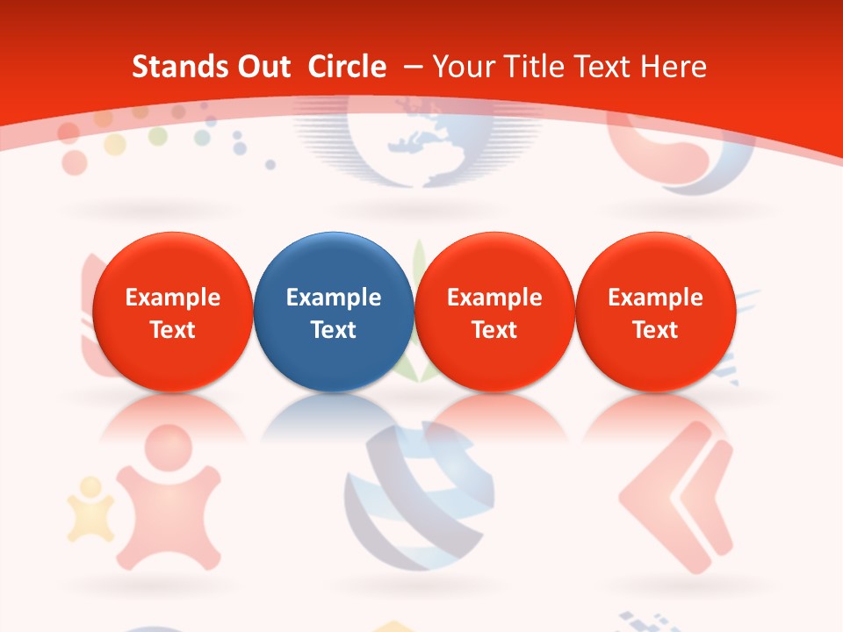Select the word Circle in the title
[x=347, y=67]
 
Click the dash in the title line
[x=414, y=67]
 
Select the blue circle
[x=334, y=312]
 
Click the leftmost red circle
[x=172, y=312]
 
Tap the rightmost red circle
[x=655, y=312]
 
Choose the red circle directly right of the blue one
[x=494, y=312]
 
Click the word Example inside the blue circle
[x=334, y=298]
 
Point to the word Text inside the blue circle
[x=334, y=330]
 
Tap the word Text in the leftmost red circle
[x=172, y=330]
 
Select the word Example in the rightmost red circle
[x=655, y=298]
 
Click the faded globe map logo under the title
[x=420, y=140]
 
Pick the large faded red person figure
[x=167, y=496]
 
